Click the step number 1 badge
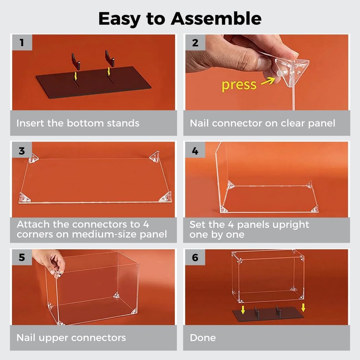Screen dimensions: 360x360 pyautogui.click(x=22, y=42)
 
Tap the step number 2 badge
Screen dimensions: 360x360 pyautogui.click(x=195, y=42)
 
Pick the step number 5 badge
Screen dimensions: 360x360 pyautogui.click(x=22, y=257)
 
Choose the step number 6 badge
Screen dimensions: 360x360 pyautogui.click(x=195, y=257)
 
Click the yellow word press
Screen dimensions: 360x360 pyautogui.click(x=239, y=85)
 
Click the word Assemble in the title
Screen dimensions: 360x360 pyautogui.click(x=216, y=19)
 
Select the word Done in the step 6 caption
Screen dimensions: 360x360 pyautogui.click(x=203, y=338)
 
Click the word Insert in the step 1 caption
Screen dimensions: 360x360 pyautogui.click(x=30, y=123)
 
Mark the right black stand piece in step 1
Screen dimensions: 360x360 pyautogui.click(x=110, y=58)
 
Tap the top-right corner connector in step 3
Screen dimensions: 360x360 pyautogui.click(x=155, y=156)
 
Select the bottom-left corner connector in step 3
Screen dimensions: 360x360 pyautogui.click(x=24, y=197)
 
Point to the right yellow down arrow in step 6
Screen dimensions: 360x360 pyautogui.click(x=303, y=308)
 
